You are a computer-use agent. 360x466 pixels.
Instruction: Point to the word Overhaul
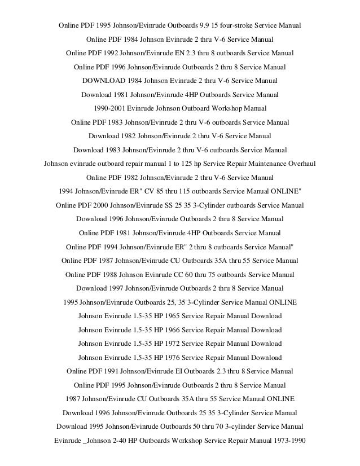pos(298,164)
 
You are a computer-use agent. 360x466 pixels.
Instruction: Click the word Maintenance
pos(258,164)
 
